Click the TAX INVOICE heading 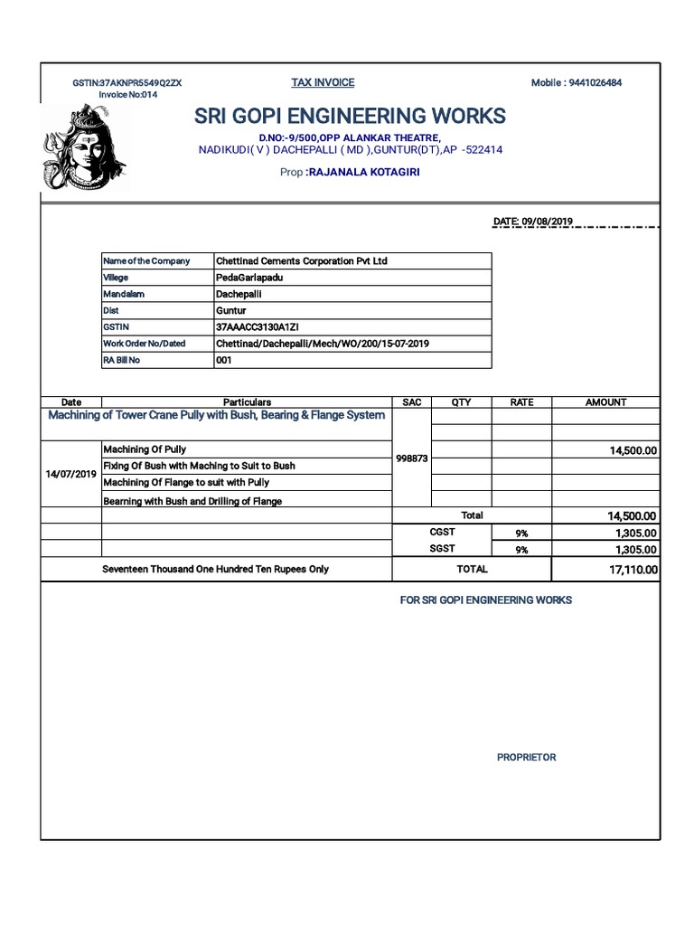point(323,82)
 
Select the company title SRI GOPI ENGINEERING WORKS point(350,116)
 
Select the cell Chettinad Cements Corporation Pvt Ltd point(302,260)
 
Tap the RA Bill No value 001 point(225,360)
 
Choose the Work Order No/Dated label point(145,344)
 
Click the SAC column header point(411,402)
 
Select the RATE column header point(521,402)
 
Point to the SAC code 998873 point(411,459)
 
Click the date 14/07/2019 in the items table point(71,474)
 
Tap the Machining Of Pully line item point(145,449)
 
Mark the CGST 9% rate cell point(521,534)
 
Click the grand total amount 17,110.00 point(633,570)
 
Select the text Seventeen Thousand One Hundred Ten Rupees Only point(216,569)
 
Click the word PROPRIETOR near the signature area point(526,757)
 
